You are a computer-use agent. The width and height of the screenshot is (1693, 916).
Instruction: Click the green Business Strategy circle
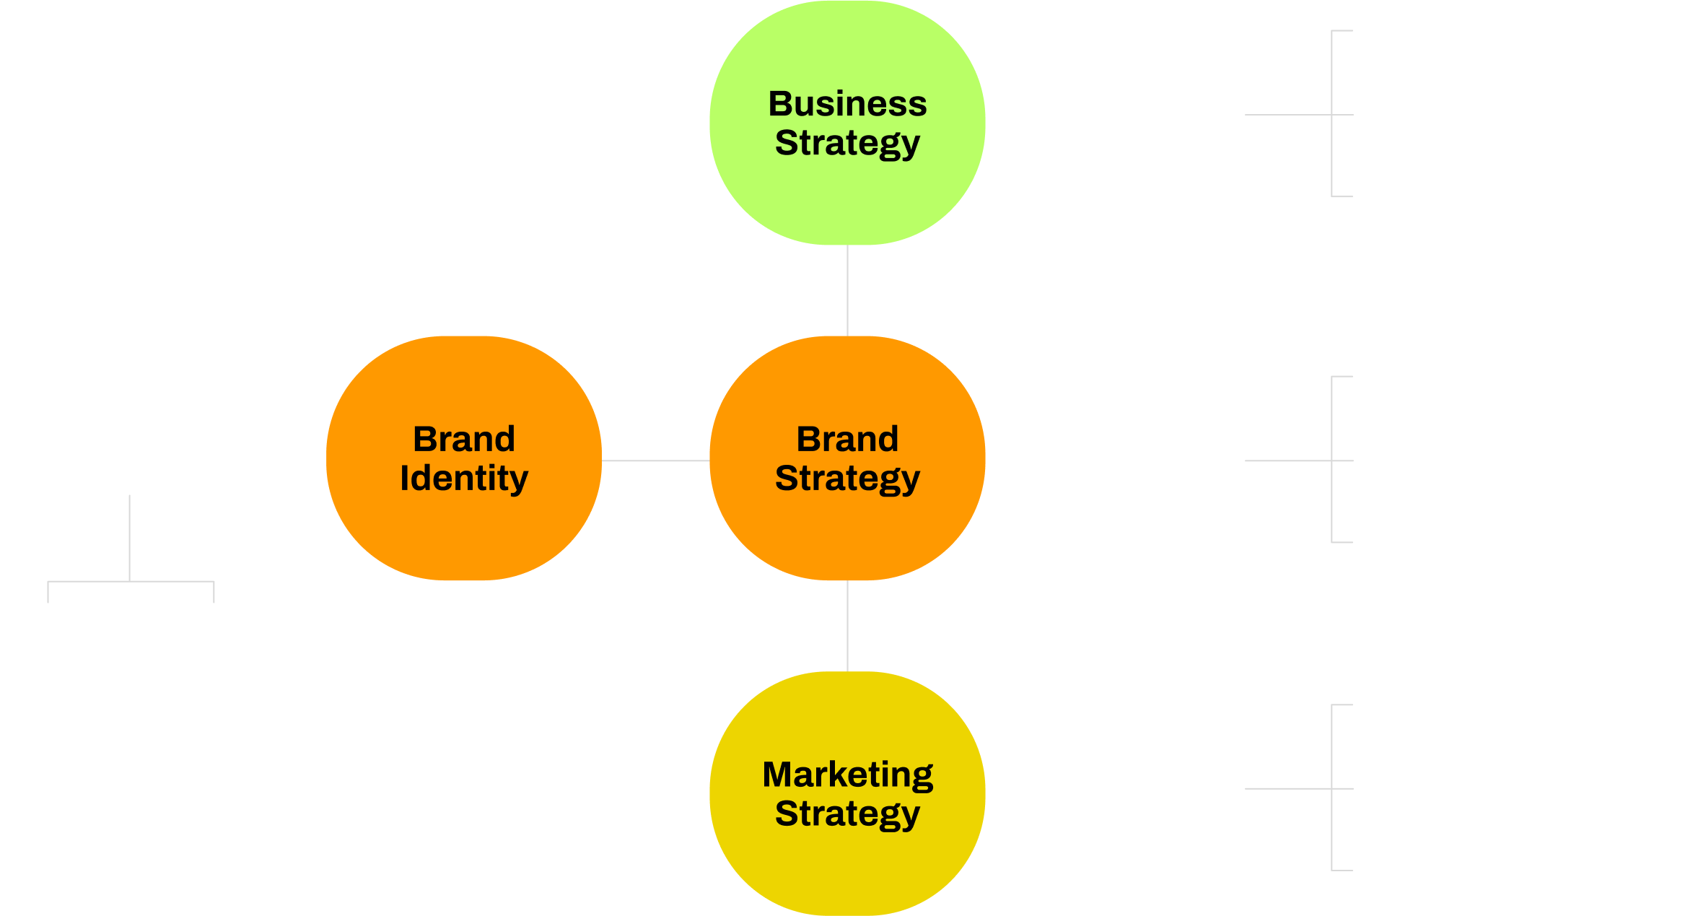(847, 123)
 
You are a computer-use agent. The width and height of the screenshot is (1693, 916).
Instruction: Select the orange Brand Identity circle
(464, 458)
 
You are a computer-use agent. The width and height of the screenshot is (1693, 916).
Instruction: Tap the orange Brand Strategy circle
(847, 458)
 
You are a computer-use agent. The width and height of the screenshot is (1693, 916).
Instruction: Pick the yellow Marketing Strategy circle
(847, 794)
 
